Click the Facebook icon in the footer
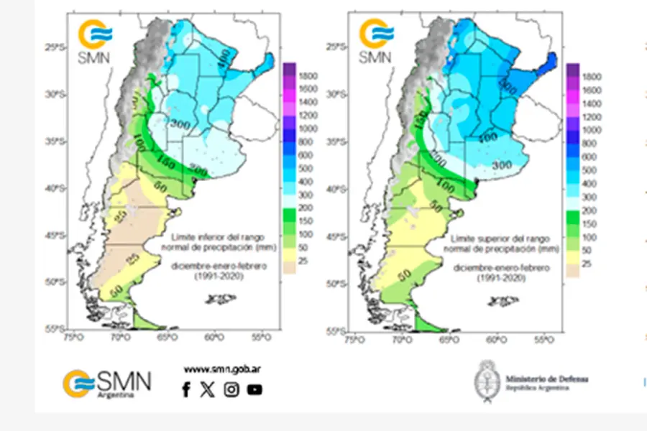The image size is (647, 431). point(186,389)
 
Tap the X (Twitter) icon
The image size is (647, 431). point(208,389)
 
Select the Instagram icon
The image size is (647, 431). point(231,389)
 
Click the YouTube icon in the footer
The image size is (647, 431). point(254,389)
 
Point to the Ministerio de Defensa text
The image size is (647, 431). point(546,379)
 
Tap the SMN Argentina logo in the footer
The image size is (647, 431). point(107,382)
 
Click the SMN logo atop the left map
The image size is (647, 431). point(96,42)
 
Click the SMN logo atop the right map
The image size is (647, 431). point(377,42)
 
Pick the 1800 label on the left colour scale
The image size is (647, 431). point(309,75)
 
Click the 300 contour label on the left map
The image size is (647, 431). point(180,124)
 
